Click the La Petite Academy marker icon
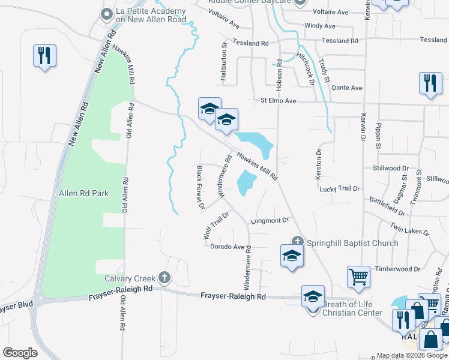coord(107,13)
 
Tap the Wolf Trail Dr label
coord(217,225)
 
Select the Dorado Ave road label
coord(229,247)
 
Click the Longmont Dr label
coord(270,220)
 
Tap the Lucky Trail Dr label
coord(340,188)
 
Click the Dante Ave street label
coord(348,88)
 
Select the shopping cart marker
coord(358,277)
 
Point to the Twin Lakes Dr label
coord(409,229)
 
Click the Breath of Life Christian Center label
coord(352,308)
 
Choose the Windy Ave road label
coord(320,26)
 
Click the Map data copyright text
coord(412,355)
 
